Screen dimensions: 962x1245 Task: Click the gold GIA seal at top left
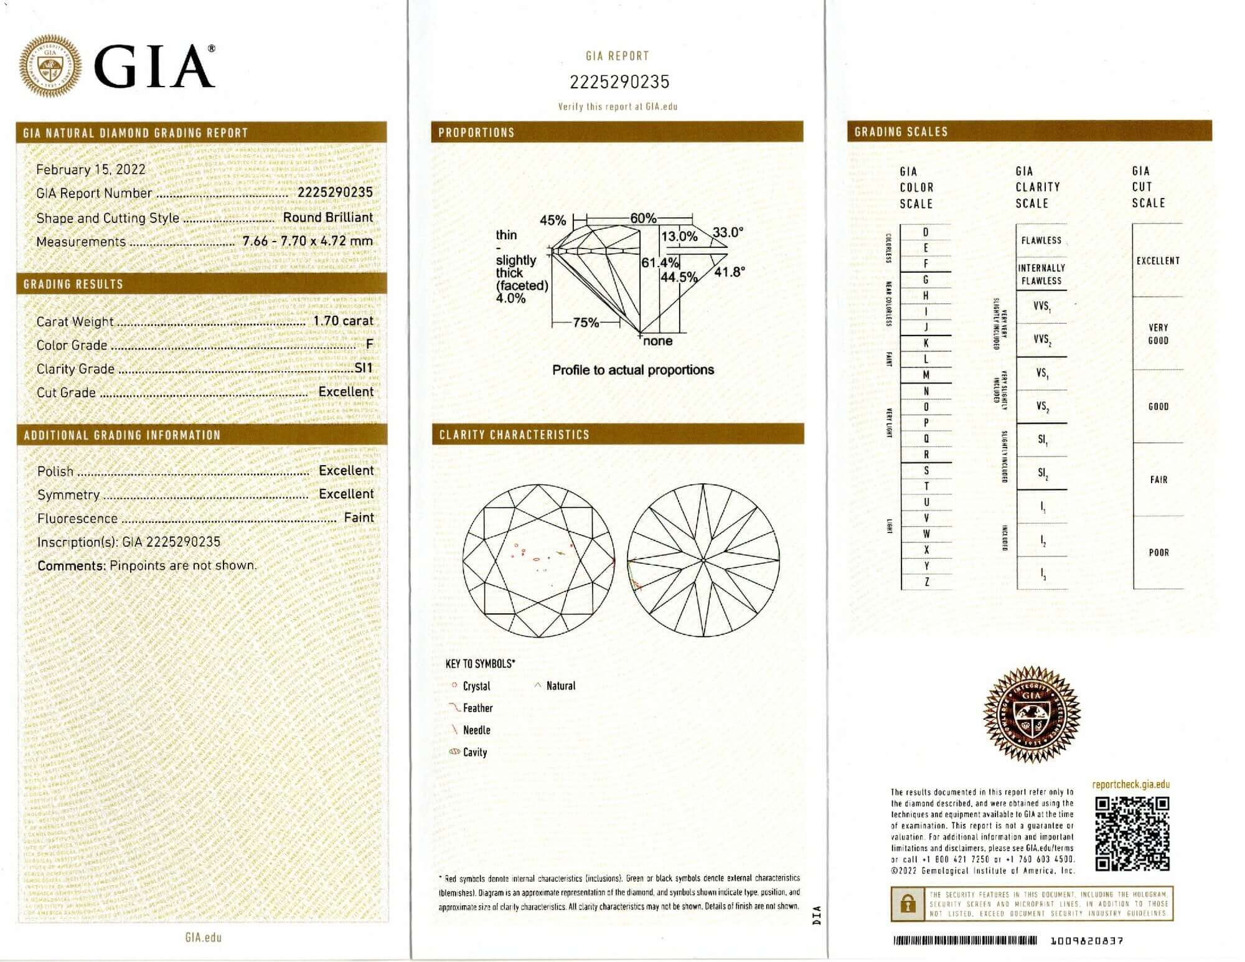[50, 66]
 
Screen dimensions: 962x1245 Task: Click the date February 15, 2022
[90, 169]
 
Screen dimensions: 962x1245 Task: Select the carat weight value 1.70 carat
[343, 321]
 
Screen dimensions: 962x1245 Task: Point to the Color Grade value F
[370, 344]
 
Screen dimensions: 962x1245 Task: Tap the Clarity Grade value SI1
[364, 368]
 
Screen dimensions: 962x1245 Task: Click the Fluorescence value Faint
[359, 517]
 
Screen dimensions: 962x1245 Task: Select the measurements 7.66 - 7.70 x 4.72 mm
[308, 241]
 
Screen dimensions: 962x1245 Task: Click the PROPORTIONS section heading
[476, 133]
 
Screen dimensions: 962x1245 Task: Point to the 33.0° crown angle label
[728, 233]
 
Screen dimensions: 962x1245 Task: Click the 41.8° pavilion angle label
[729, 272]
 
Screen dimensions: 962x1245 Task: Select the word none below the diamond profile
[658, 341]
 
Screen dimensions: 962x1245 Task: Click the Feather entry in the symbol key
[477, 708]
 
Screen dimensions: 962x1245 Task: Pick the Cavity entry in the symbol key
[474, 752]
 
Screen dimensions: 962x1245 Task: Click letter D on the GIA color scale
[926, 232]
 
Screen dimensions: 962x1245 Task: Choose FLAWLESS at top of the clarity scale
[1041, 240]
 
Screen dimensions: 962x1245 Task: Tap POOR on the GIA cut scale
[1158, 552]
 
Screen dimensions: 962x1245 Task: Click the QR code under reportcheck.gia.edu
[1132, 834]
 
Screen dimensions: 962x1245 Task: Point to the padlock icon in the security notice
[908, 903]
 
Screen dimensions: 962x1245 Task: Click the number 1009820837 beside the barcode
[1086, 941]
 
